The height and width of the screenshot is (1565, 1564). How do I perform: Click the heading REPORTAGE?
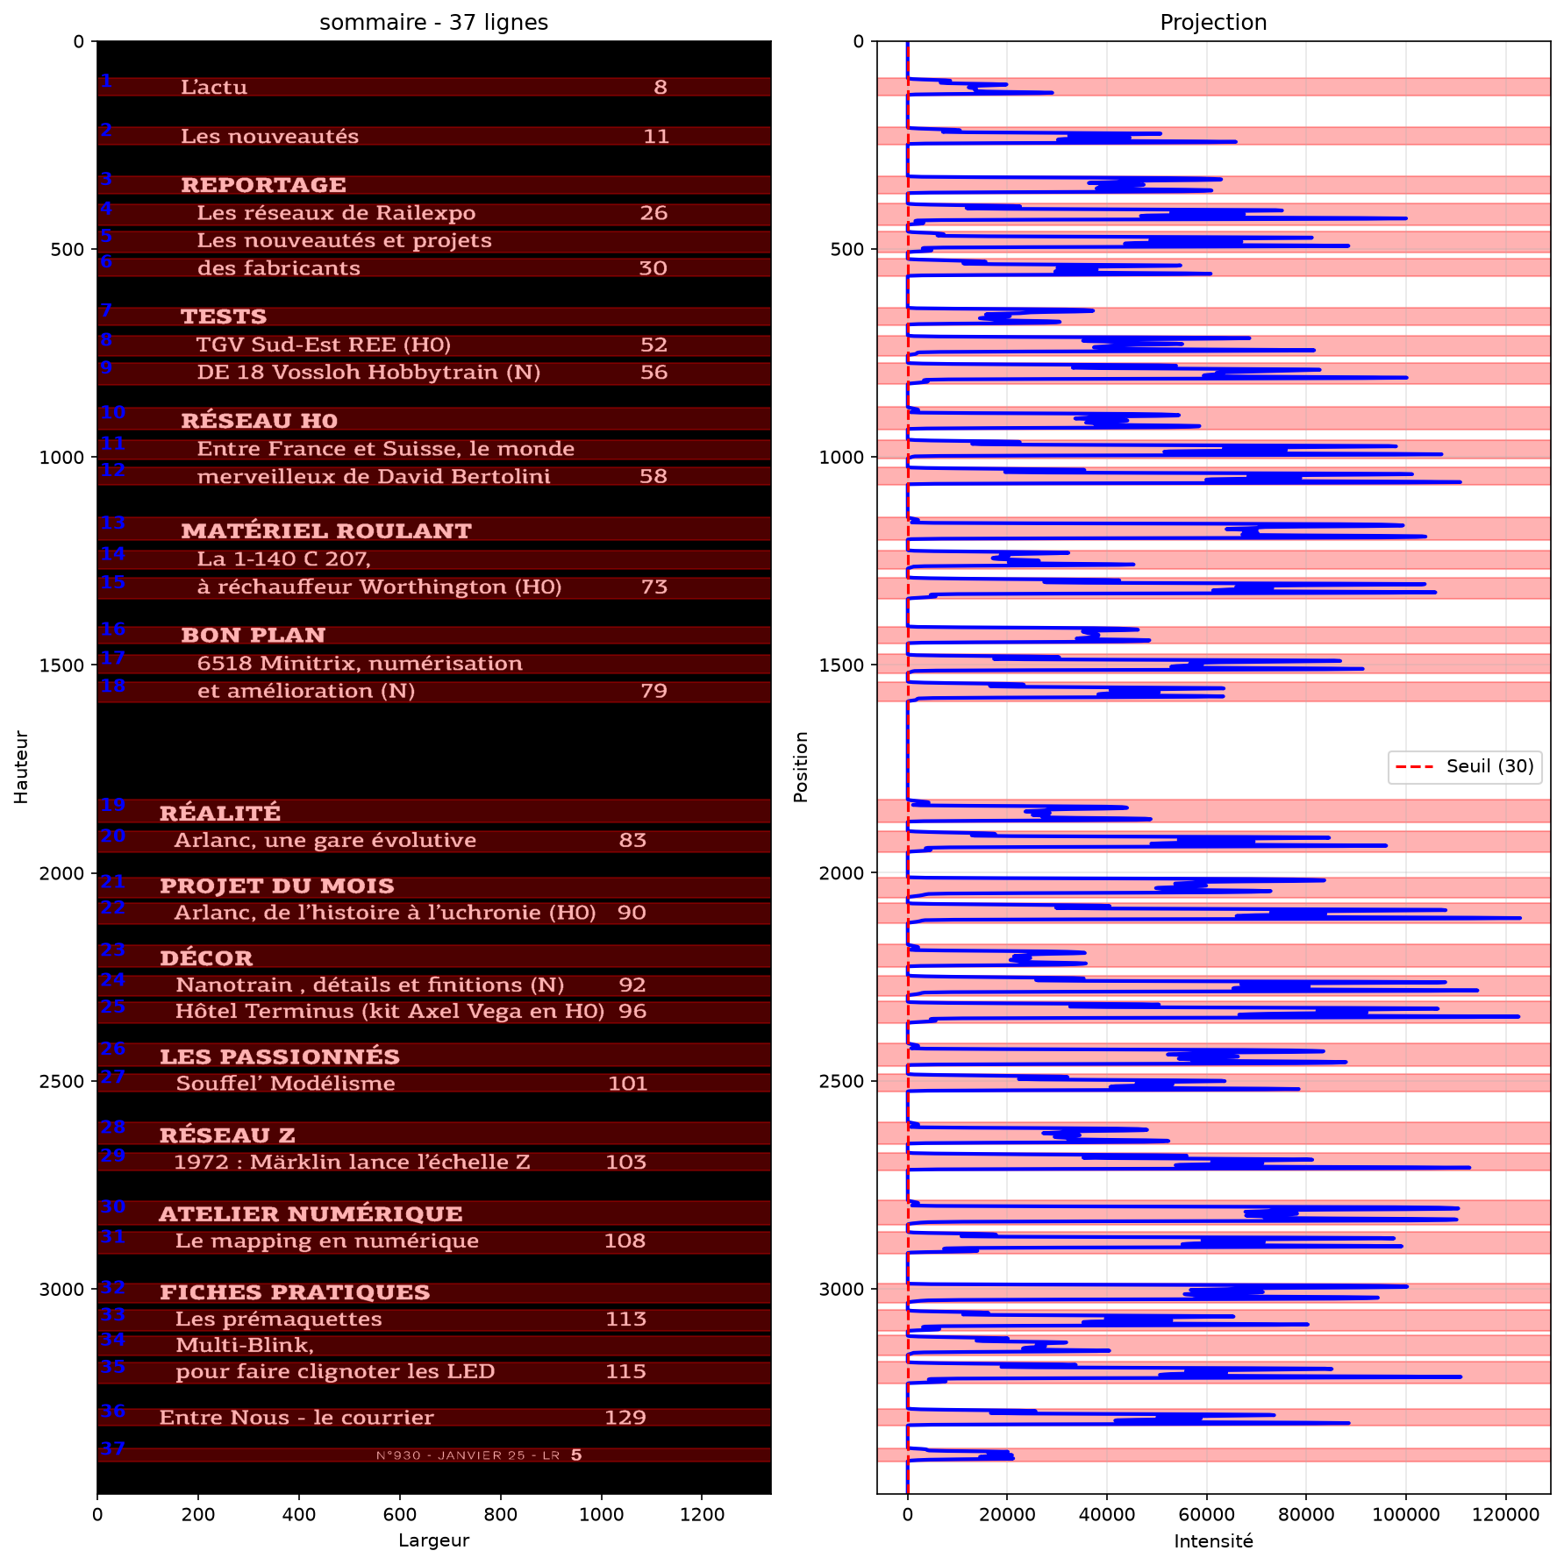click(263, 185)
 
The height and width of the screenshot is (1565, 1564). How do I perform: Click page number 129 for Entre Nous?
click(625, 1418)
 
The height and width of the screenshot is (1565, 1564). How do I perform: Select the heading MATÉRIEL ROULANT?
click(326, 530)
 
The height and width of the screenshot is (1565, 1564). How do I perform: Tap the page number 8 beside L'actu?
click(661, 87)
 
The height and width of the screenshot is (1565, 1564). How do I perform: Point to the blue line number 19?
click(112, 805)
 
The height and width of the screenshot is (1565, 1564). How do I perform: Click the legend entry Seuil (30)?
click(1489, 766)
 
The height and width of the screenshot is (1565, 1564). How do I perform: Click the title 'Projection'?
click(1213, 22)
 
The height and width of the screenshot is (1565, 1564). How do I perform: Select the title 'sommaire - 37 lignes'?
click(433, 22)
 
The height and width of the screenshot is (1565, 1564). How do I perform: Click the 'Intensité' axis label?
click(1213, 1541)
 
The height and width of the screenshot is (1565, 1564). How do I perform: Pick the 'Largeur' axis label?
click(433, 1541)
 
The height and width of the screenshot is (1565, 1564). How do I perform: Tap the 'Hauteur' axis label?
click(21, 767)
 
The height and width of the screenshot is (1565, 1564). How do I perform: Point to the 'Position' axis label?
click(800, 767)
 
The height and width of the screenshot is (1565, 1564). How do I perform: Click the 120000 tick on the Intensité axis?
click(1506, 1515)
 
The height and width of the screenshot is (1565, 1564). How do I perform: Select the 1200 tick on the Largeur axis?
click(703, 1515)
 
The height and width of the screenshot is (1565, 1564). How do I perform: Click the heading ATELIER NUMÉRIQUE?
click(311, 1213)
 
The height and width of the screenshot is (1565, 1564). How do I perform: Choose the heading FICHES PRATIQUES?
click(295, 1292)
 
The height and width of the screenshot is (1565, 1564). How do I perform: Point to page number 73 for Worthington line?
click(654, 587)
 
